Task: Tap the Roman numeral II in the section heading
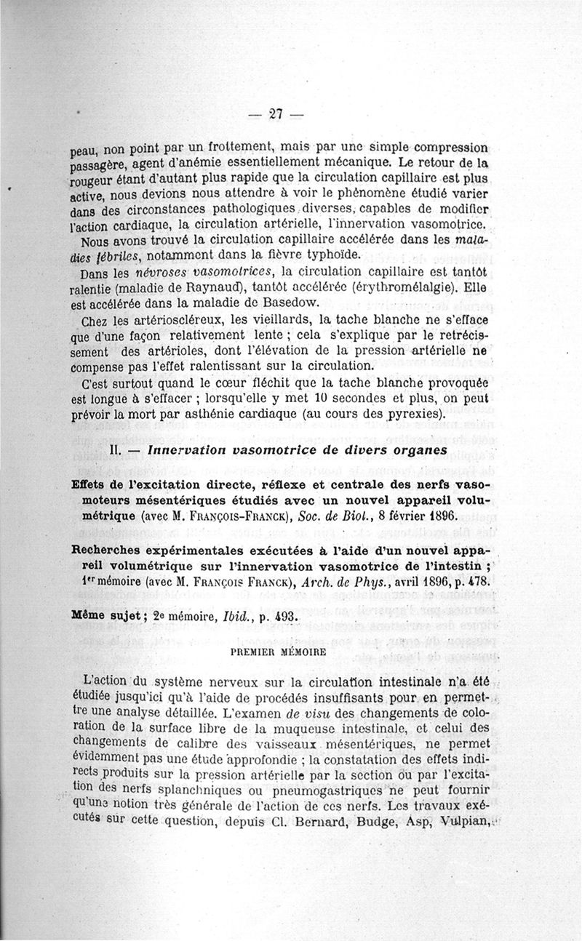click(114, 450)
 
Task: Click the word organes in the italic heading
click(414, 450)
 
